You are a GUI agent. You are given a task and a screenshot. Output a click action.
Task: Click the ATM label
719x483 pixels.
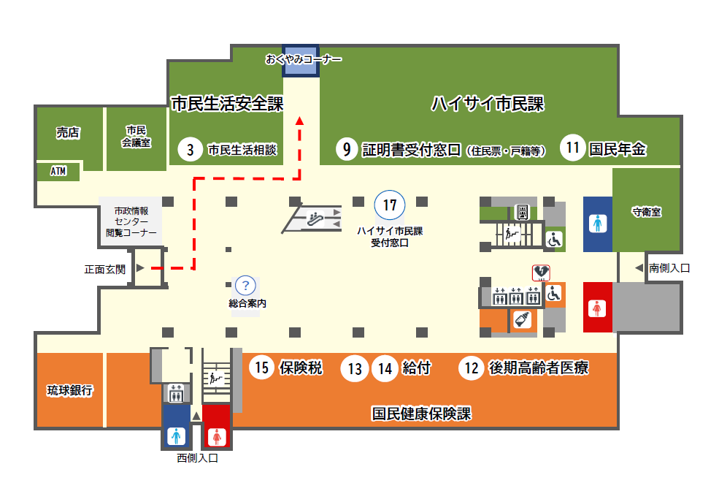click(58, 171)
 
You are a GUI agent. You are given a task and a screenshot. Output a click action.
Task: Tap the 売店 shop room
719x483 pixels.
click(69, 137)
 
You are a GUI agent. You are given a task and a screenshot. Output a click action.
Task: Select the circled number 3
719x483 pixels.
click(190, 149)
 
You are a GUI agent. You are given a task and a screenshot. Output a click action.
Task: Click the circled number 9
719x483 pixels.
click(347, 149)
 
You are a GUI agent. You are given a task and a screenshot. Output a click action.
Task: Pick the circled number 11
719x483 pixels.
click(572, 148)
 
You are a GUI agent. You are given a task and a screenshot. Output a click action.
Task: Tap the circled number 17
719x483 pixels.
click(390, 205)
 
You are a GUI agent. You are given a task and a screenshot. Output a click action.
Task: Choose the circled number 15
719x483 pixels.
click(262, 368)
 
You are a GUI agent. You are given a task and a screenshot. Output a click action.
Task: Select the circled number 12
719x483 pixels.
click(472, 368)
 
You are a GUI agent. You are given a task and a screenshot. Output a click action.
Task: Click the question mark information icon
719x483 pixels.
click(245, 286)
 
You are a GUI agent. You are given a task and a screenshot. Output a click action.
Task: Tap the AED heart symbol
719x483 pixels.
click(541, 273)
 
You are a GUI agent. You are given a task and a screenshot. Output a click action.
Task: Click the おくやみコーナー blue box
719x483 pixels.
click(300, 61)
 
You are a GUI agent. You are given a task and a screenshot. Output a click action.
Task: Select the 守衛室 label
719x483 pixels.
click(647, 212)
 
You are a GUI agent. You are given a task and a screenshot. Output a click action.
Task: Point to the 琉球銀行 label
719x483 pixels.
click(69, 390)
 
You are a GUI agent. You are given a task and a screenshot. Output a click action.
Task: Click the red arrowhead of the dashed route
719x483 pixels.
click(299, 121)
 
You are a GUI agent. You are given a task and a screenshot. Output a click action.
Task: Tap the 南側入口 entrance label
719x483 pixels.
click(669, 267)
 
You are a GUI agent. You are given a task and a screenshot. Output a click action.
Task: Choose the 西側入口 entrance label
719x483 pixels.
click(197, 457)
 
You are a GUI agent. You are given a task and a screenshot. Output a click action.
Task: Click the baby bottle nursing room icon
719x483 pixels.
click(523, 319)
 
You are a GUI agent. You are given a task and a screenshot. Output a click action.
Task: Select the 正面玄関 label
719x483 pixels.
click(105, 270)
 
